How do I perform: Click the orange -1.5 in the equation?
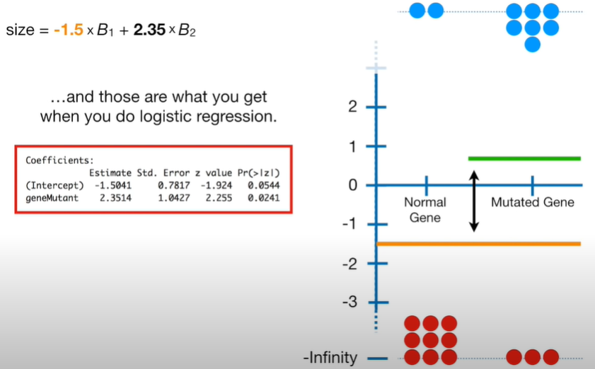[69, 30]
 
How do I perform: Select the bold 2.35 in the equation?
[149, 30]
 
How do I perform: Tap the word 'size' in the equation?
[20, 30]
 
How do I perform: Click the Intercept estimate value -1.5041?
[113, 185]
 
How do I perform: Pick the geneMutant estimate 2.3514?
[116, 198]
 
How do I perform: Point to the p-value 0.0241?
[264, 198]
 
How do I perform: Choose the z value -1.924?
[216, 185]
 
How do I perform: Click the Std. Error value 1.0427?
[174, 198]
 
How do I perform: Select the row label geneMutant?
[52, 198]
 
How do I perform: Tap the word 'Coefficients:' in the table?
[59, 160]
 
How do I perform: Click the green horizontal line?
[524, 158]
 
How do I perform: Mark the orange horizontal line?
[478, 244]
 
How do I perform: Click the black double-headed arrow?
[474, 201]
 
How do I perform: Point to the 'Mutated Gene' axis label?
[533, 202]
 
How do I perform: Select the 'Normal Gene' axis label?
[425, 210]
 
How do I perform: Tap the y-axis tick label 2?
[352, 107]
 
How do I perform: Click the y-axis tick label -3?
[350, 302]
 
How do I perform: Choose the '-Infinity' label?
[330, 358]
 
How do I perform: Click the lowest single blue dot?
[533, 45]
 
